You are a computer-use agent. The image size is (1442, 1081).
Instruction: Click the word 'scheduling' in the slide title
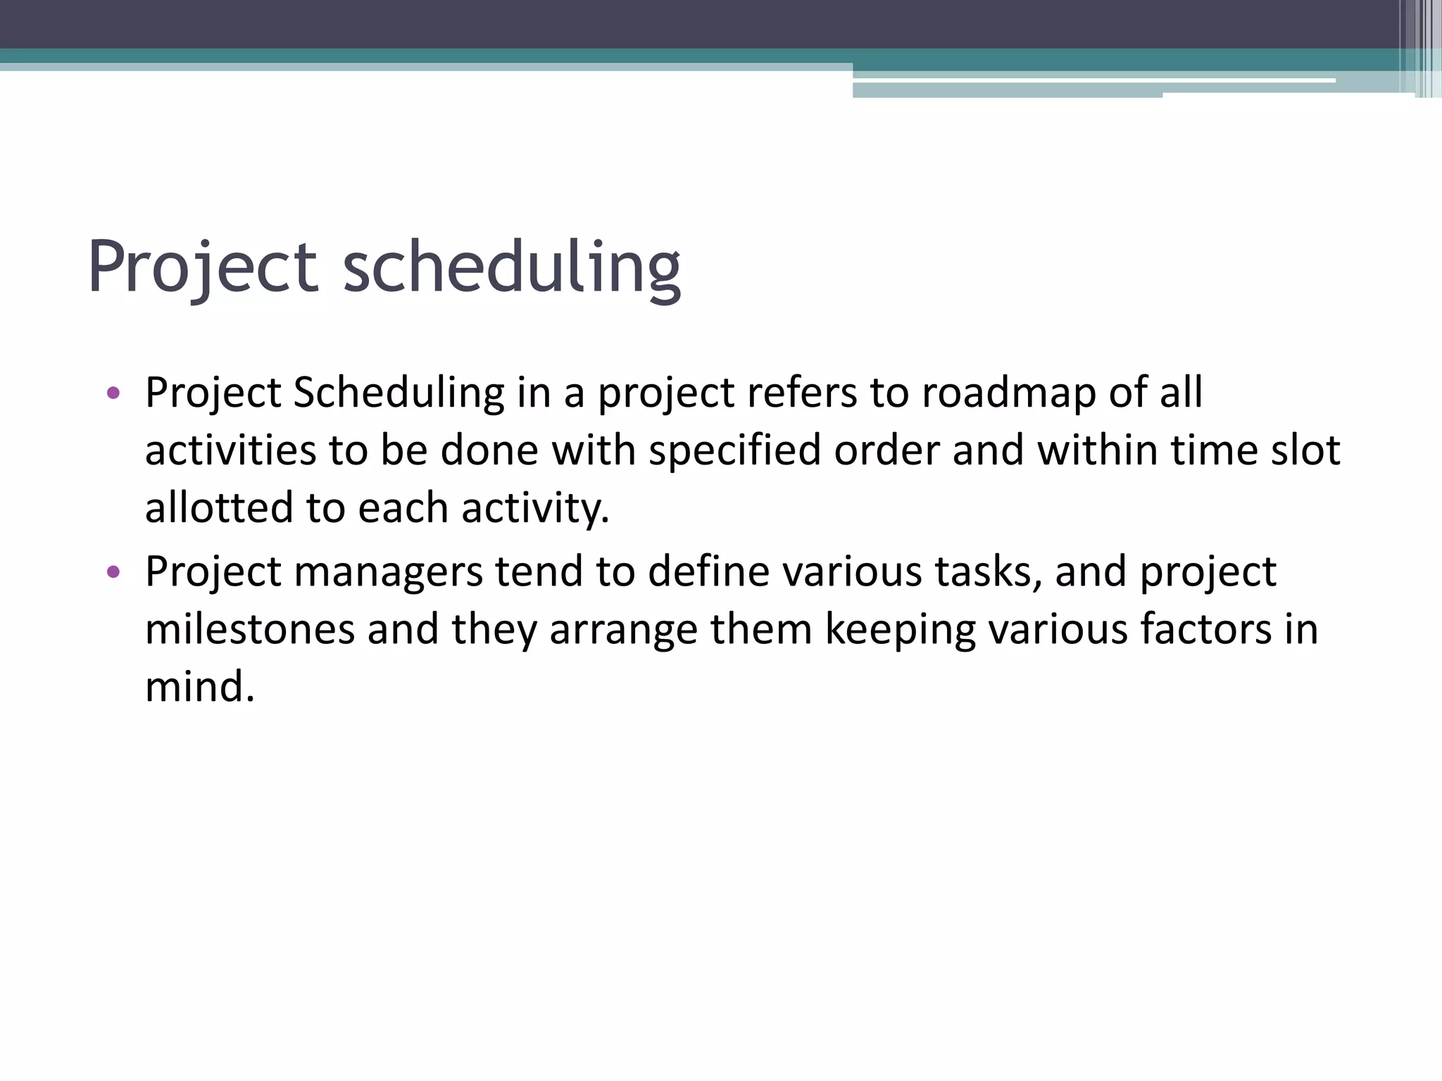511,267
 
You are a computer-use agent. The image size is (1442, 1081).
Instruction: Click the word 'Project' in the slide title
203,267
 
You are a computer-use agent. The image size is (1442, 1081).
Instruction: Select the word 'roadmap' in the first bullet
1009,392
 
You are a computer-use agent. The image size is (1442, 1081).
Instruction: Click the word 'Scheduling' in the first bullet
399,393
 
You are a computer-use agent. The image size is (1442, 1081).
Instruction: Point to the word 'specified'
734,451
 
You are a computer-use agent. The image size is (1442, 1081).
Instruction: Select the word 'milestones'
250,628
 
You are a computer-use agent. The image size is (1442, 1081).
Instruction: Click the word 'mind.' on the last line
199,686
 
